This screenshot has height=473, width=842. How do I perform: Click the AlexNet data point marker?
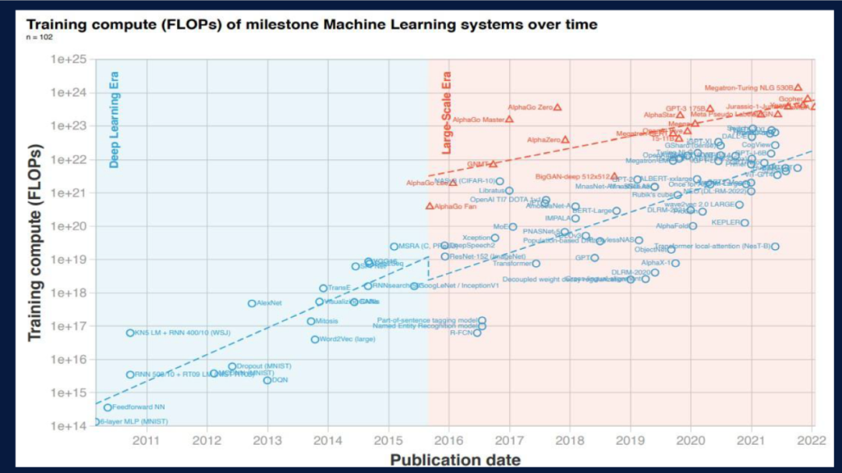coord(252,303)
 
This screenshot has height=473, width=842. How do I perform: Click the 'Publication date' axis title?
coord(455,459)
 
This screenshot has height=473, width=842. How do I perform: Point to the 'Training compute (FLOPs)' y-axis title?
coord(35,242)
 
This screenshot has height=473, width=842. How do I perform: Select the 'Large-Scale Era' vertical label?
coord(447,113)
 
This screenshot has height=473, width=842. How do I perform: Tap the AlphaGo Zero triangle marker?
coord(557,107)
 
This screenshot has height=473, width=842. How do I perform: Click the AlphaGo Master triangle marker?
coord(510,119)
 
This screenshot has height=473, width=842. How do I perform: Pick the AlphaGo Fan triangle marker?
coord(430,206)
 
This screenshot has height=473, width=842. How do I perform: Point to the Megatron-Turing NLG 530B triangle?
coord(798,88)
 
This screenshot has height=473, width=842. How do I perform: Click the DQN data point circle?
coord(267,380)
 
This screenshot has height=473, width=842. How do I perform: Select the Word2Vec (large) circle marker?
coord(315,340)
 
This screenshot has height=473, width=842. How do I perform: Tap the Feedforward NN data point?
coord(108,407)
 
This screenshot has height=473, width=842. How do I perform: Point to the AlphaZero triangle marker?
coord(565,140)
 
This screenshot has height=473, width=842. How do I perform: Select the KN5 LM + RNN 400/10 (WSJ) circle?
coord(130,333)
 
